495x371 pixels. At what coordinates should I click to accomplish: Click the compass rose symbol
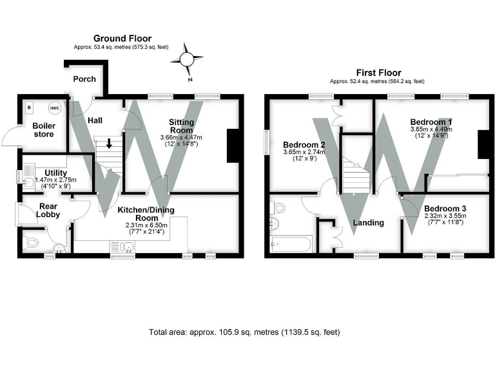(186, 59)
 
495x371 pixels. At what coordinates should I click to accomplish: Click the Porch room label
(84, 79)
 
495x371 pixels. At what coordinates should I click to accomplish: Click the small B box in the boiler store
(29, 108)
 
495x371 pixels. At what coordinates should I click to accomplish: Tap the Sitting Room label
(181, 126)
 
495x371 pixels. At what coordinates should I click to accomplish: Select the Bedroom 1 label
(431, 122)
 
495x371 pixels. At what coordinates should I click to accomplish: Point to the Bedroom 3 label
(445, 209)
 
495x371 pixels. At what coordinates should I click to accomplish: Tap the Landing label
(368, 223)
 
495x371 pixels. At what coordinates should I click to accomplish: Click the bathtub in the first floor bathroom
(291, 244)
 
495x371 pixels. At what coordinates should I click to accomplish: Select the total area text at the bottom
(244, 332)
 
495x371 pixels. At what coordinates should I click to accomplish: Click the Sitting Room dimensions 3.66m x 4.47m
(181, 138)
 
